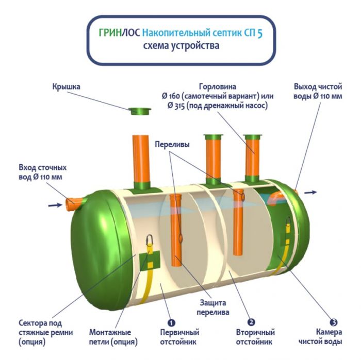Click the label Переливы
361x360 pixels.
click(172, 145)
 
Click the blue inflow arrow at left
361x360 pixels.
click(54, 205)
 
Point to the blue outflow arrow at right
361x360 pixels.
click(310, 192)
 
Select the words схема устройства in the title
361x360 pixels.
click(181, 46)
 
